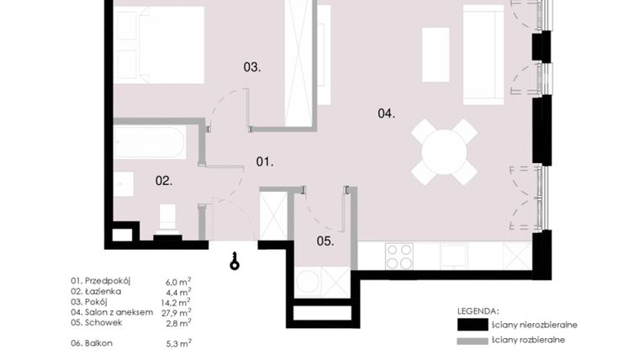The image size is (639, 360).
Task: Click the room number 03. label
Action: (251, 66)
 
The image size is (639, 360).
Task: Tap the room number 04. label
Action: (386, 113)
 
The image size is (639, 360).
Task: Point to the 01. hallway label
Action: (265, 161)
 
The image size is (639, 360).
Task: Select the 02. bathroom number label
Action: (163, 180)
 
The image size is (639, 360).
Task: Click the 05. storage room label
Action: (325, 241)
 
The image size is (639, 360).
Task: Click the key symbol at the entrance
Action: (235, 262)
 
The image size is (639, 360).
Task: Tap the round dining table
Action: (444, 152)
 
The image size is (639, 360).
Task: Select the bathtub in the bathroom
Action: (150, 142)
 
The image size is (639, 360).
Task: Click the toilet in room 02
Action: (167, 217)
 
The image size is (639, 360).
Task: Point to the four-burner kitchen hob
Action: (399, 256)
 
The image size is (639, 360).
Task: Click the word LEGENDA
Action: (478, 310)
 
